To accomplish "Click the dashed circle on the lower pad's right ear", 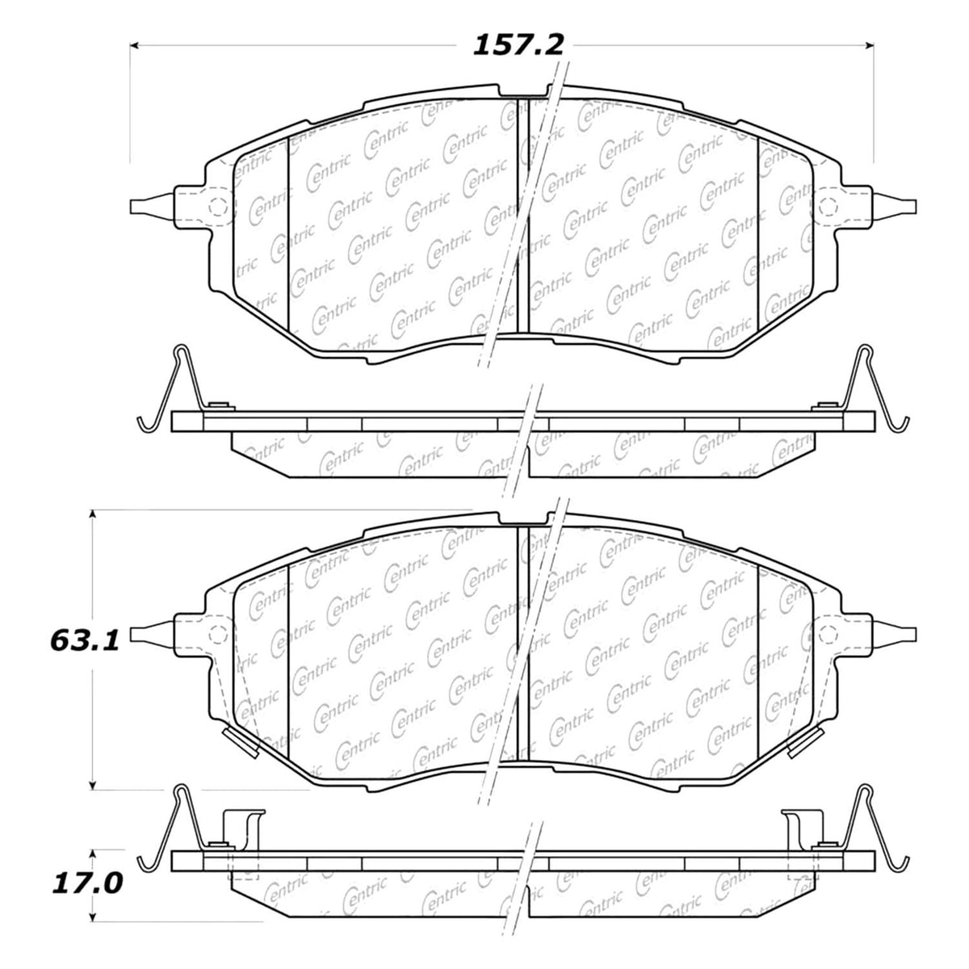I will click(x=828, y=632).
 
